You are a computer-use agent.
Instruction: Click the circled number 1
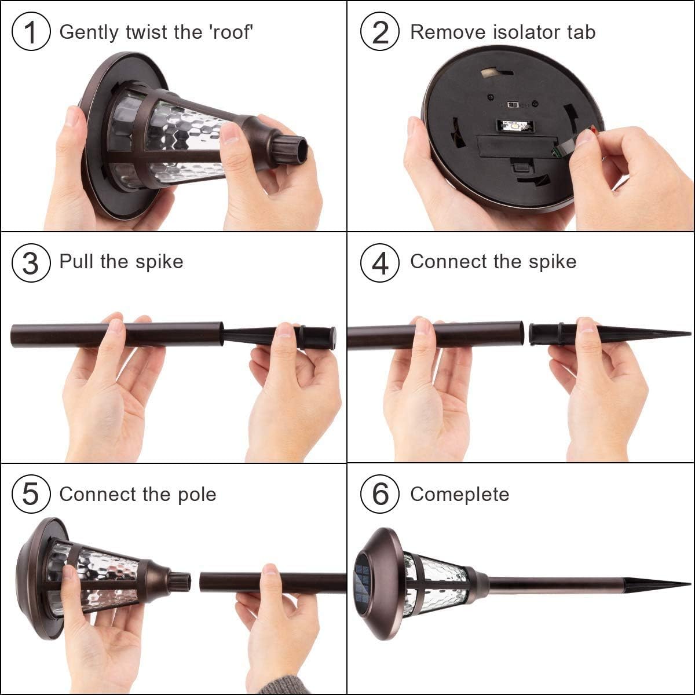[31, 31]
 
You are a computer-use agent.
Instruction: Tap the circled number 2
[380, 31]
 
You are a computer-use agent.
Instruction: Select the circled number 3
[31, 262]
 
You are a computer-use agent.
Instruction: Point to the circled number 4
[380, 262]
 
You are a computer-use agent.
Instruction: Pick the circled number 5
[31, 494]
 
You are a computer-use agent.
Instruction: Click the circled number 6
[380, 494]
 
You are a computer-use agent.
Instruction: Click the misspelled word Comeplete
[459, 494]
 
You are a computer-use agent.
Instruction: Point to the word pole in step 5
[197, 494]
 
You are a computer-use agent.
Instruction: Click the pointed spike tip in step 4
[690, 334]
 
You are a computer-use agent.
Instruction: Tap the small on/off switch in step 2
[513, 105]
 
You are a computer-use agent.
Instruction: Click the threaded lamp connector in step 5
[180, 581]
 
